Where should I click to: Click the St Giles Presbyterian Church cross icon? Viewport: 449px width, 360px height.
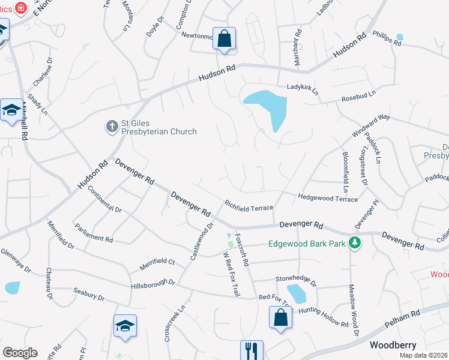[x=112, y=126]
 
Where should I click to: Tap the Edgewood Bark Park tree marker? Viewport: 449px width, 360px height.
[x=355, y=243]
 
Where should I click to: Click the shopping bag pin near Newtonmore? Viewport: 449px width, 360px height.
[x=224, y=38]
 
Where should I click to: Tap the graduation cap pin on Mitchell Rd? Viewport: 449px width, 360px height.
[x=11, y=110]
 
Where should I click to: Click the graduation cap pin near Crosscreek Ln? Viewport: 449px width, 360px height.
[x=125, y=326]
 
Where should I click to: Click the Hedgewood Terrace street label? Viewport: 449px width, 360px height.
[x=328, y=197]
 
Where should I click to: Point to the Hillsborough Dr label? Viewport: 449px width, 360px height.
[x=152, y=284]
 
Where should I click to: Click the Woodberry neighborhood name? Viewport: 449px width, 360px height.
[x=393, y=345]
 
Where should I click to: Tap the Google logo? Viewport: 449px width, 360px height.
[x=20, y=353]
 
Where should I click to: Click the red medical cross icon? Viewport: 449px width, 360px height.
[x=21, y=9]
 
